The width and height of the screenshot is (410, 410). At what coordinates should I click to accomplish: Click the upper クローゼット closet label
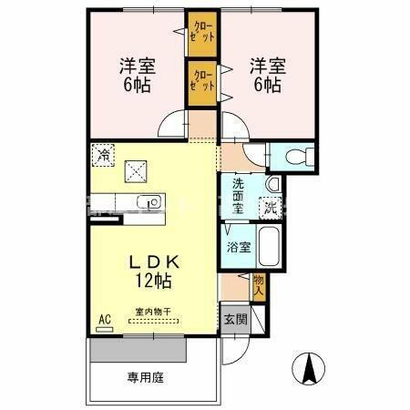[202, 36]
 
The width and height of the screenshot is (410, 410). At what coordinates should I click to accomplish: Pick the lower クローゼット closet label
[202, 80]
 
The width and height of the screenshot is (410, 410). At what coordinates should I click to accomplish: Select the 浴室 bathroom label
[239, 247]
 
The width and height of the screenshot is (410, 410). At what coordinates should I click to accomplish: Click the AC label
[105, 318]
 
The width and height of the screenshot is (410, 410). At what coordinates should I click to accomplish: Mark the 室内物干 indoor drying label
[154, 312]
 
